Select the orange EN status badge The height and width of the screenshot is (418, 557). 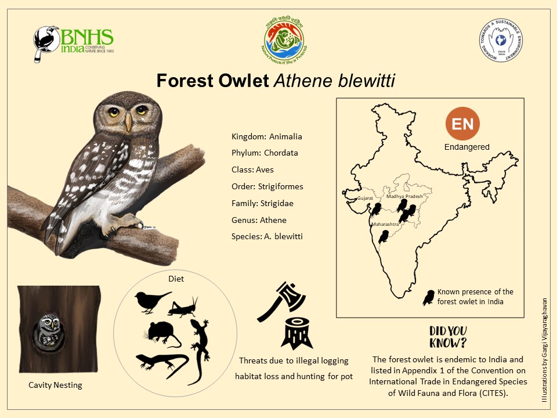[463, 124]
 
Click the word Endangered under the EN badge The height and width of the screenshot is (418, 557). [467, 147]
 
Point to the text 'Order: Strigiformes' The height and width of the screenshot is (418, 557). [267, 186]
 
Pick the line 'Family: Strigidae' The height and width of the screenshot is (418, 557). [262, 203]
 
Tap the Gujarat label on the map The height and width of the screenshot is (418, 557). [366, 199]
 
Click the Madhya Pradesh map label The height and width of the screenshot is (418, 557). [404, 197]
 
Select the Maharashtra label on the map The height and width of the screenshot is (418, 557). [384, 224]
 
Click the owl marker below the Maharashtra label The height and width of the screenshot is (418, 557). [383, 236]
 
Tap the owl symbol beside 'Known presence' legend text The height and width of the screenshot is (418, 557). [429, 298]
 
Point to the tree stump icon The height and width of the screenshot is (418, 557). [296, 333]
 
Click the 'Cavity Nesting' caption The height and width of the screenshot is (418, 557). [56, 385]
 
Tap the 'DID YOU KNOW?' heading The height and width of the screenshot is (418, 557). [449, 336]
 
